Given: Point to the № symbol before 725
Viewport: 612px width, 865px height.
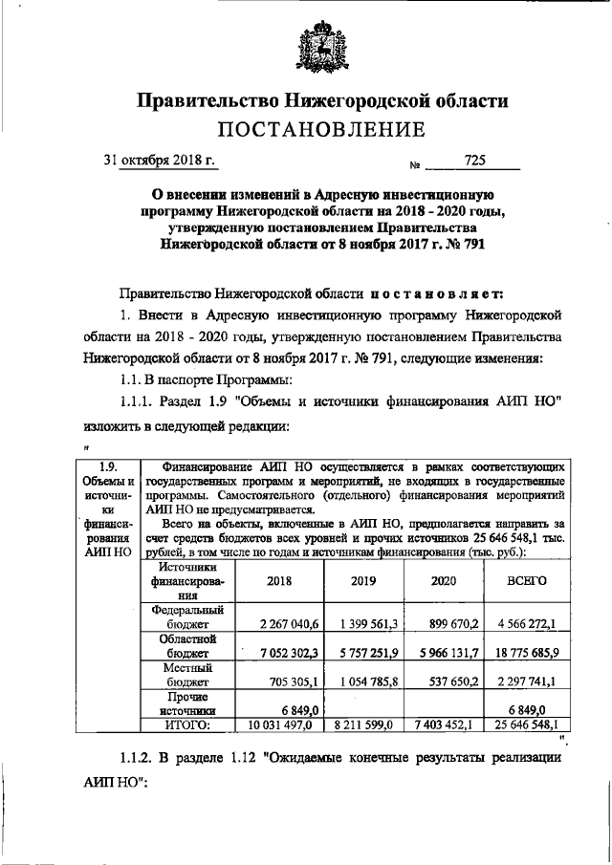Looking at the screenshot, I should [x=416, y=164].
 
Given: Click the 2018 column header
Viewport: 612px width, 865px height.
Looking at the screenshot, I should [x=279, y=580].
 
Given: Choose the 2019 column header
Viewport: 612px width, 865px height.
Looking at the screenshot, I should [x=364, y=580].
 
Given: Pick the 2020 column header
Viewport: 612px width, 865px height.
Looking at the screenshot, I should [x=446, y=580].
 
